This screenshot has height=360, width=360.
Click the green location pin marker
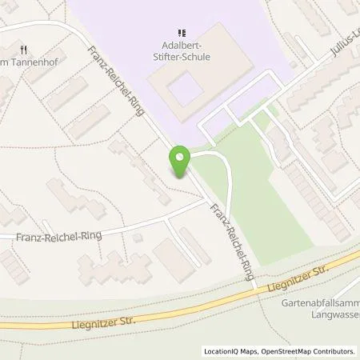tap(180, 162)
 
